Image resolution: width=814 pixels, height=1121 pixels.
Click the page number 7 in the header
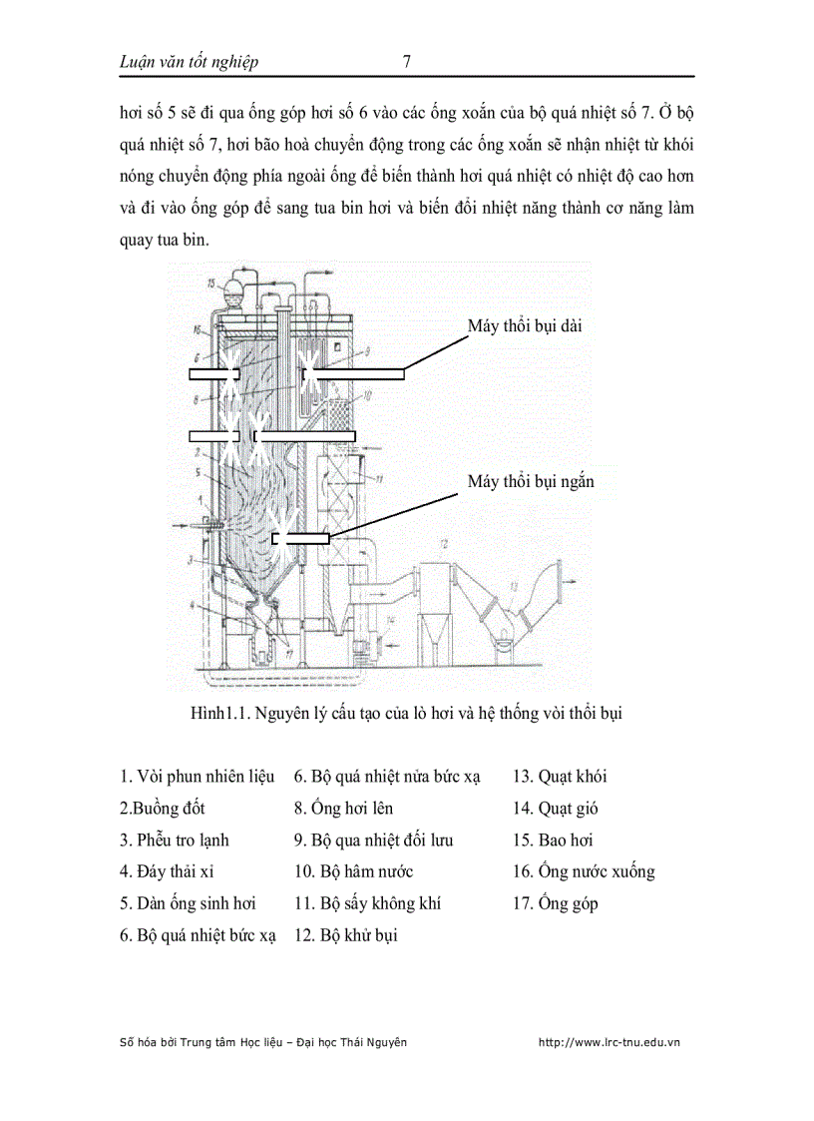406,62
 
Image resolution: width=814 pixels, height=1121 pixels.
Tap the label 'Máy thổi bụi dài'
526,325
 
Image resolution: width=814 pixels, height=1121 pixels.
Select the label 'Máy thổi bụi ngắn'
531,482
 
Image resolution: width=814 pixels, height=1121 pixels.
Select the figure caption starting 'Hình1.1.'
406,714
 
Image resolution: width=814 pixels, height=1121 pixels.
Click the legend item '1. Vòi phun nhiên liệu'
197,777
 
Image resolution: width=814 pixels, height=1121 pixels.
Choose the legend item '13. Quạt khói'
560,777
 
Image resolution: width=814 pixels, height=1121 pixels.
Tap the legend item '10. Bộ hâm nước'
353,872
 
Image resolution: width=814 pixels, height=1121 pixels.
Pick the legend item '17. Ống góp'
556,904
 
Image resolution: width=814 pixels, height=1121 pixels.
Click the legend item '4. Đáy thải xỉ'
167,872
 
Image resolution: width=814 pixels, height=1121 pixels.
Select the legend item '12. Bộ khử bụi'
345,936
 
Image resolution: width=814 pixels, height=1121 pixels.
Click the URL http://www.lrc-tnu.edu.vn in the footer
609,1042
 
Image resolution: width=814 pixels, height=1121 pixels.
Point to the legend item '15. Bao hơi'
553,841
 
